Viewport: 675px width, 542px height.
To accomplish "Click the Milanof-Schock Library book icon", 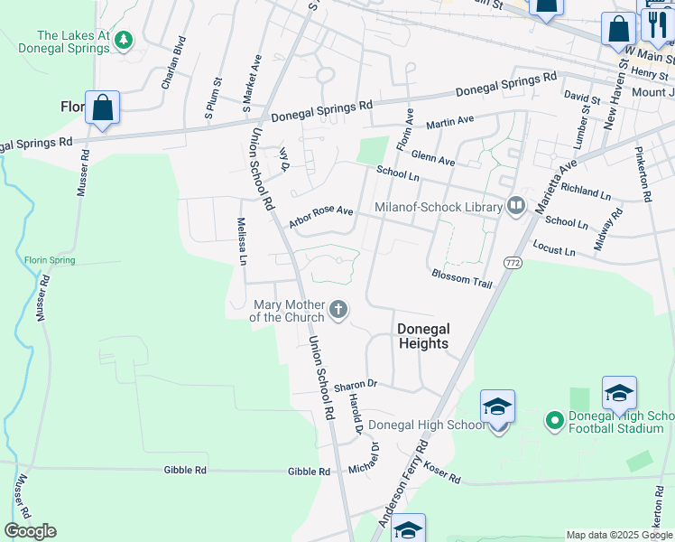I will click(x=516, y=207).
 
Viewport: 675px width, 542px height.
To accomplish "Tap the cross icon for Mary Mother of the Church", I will click(x=338, y=311).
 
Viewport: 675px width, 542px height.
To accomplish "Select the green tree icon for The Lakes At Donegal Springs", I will click(x=124, y=40).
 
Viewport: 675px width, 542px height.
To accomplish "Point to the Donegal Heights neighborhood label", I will click(x=423, y=336).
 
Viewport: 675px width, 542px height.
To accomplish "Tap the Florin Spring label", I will click(x=50, y=261).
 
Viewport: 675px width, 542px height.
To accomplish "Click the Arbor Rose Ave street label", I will click(x=320, y=216).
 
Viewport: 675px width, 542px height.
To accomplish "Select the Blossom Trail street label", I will click(x=461, y=278).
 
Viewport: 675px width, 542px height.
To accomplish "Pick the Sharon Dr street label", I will click(x=355, y=385).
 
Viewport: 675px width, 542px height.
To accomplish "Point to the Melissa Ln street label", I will click(x=242, y=240).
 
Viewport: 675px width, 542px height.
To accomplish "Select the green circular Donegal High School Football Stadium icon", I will click(x=554, y=421).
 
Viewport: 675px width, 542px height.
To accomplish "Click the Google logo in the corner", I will click(x=30, y=531).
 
